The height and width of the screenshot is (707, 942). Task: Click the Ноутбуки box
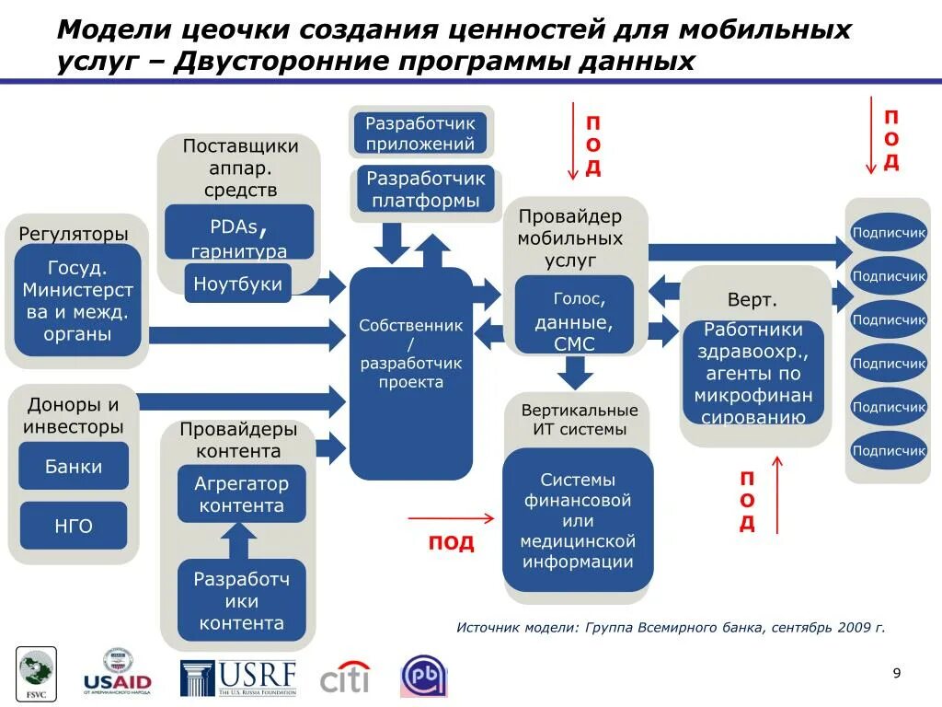[x=238, y=284]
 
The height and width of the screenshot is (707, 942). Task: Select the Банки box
[x=74, y=467]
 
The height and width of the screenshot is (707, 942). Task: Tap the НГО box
[x=74, y=526]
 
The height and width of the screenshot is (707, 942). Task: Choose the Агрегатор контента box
[x=241, y=494]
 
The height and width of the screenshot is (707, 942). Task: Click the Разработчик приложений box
[x=419, y=133]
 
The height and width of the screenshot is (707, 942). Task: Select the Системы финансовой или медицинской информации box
[x=578, y=520]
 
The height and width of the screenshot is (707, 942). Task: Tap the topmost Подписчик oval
[x=889, y=233]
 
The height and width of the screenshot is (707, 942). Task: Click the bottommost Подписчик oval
[x=889, y=451]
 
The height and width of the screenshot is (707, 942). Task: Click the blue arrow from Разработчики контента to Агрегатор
[x=240, y=541]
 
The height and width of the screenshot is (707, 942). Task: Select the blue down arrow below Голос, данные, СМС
[x=576, y=371]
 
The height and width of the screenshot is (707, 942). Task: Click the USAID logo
[x=117, y=672]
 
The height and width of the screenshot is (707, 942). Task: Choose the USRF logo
[x=239, y=677]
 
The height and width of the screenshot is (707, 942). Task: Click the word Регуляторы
[x=74, y=235]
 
